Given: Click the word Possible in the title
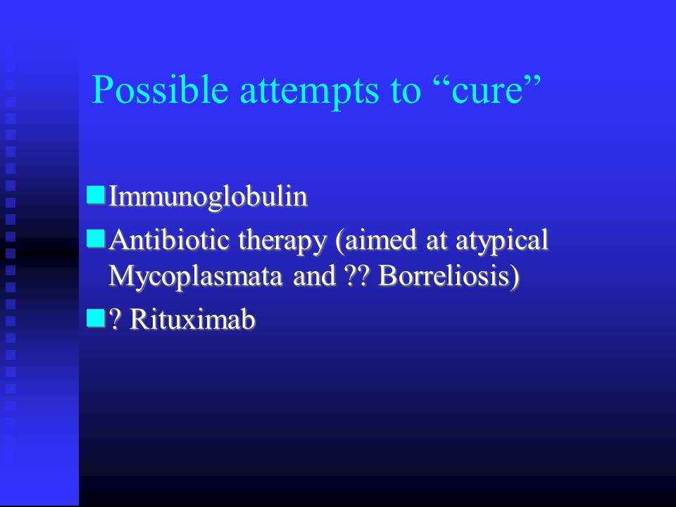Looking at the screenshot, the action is [160, 90].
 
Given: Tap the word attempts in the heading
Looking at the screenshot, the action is [309, 92].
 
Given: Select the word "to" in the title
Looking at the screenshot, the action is [406, 92].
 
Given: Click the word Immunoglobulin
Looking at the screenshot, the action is [208, 196].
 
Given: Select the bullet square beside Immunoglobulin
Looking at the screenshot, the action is [96, 194].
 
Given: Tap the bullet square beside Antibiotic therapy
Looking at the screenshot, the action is [96, 239].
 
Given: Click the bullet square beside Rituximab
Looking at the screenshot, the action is [96, 318].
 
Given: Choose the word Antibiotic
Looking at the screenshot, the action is [168, 239].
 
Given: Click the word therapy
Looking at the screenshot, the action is [282, 242].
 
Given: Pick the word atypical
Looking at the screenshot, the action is [502, 242].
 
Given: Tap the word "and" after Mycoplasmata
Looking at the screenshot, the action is [314, 275].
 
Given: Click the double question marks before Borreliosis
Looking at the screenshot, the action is [358, 275].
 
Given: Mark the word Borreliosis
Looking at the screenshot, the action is [444, 275].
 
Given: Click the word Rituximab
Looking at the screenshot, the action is [192, 319].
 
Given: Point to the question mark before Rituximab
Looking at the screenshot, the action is [114, 320].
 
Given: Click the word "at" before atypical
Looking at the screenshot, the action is [435, 241].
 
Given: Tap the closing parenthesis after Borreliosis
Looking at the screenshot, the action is [515, 277].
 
